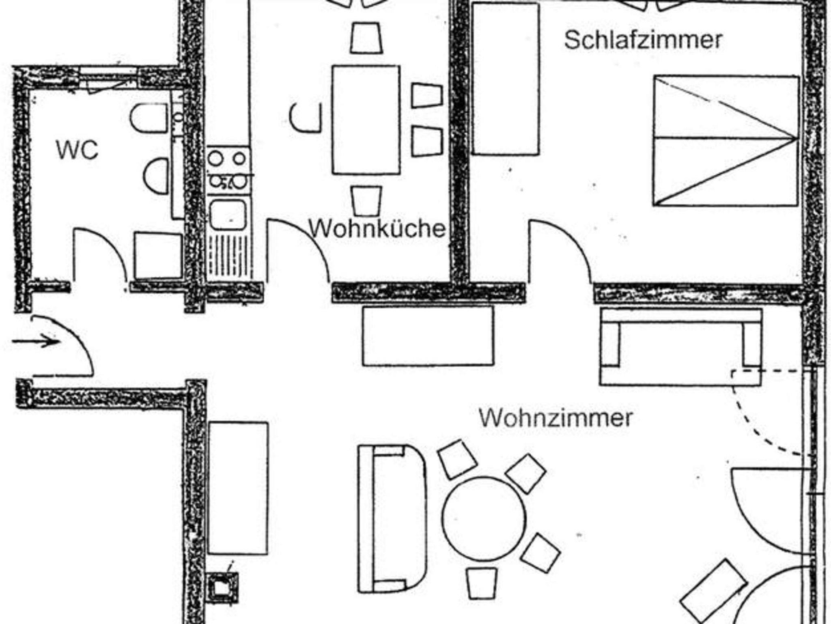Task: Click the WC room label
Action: pos(77,150)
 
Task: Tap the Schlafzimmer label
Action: pos(643,40)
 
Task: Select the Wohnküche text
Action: pos(377,228)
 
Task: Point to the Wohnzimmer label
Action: pos(556,417)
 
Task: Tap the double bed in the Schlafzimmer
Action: pos(726,140)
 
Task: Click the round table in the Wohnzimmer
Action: pos(484,519)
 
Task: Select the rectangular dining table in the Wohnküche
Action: pos(366,120)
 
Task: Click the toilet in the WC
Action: pos(149,118)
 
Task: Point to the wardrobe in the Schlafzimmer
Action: pos(506,79)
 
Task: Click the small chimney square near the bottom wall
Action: pos(223,586)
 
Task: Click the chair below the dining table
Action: pos(366,200)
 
